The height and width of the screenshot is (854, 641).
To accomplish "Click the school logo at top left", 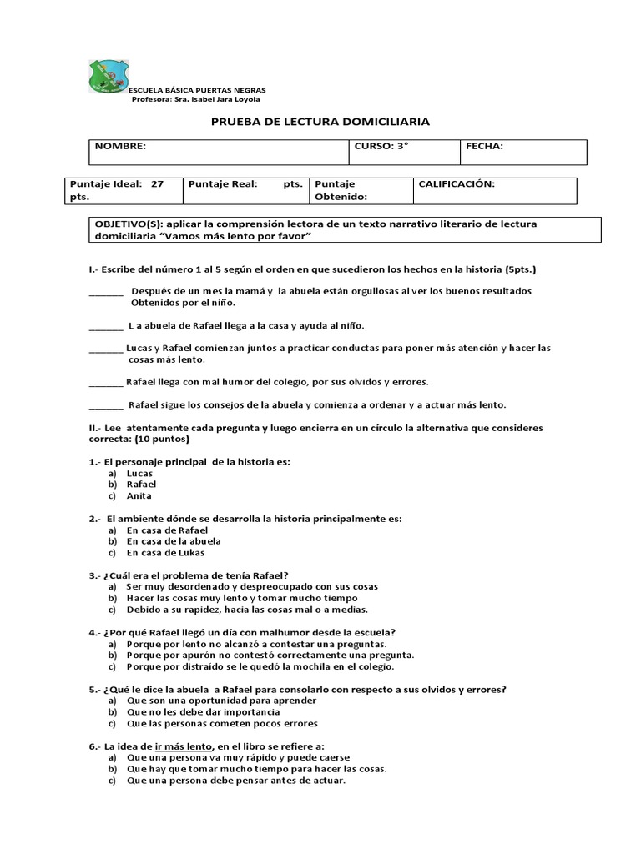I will (x=108, y=77).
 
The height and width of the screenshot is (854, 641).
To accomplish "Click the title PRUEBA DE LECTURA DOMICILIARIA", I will (x=320, y=122).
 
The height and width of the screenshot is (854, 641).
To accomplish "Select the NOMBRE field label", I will (x=120, y=146).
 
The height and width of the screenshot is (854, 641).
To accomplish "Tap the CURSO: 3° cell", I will (x=381, y=146).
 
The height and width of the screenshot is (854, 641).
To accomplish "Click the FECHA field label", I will (x=484, y=146).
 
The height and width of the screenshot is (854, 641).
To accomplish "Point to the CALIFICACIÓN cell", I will (x=457, y=184).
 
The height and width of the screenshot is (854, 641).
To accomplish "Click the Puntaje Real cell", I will (x=245, y=184).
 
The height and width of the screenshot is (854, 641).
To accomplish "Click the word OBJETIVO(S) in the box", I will (x=128, y=224).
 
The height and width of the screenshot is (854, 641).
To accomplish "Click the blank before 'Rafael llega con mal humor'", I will (x=105, y=383).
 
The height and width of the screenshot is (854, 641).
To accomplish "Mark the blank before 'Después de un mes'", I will (x=105, y=292).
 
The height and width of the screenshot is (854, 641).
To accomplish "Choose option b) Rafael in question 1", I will (x=141, y=484).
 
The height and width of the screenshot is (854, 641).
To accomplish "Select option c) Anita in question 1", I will (x=139, y=495).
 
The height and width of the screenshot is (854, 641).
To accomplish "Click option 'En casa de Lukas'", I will (x=165, y=552).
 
